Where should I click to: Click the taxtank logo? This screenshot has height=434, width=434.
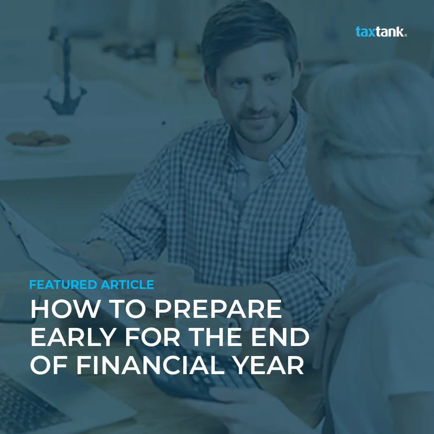[x=381, y=31]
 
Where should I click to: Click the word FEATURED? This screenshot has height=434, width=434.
[x=63, y=285]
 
